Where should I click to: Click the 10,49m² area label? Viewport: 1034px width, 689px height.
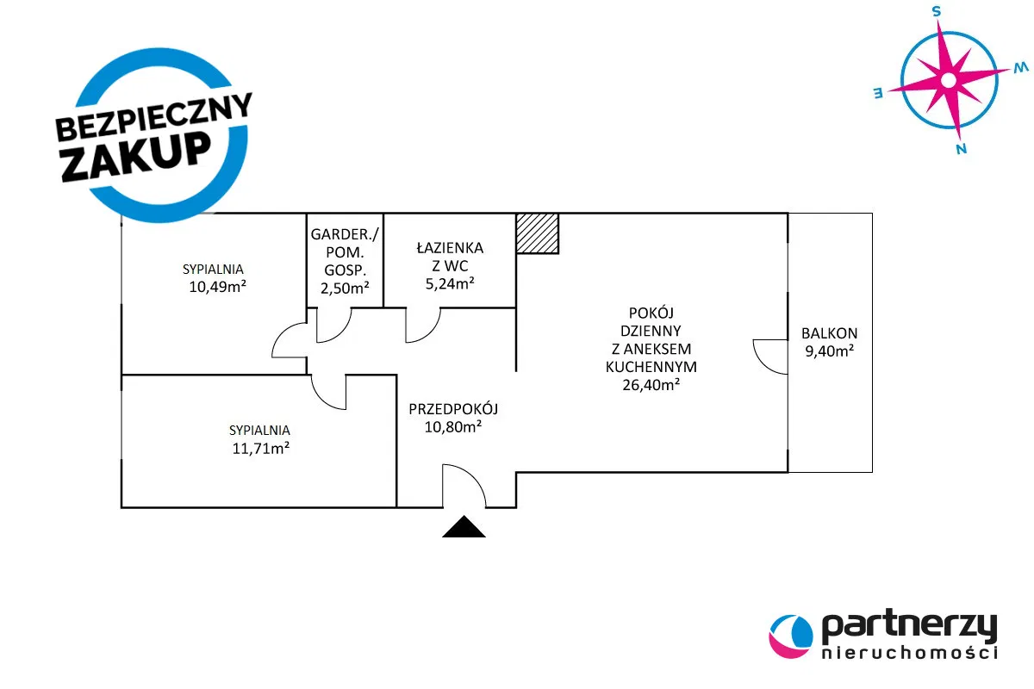[x=213, y=287]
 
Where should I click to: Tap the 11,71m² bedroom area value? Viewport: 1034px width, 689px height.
[x=259, y=448]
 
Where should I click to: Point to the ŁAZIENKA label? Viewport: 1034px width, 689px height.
[x=450, y=247]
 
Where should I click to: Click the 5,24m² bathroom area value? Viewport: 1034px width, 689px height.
[x=449, y=282]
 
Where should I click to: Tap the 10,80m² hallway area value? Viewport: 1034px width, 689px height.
[x=453, y=426]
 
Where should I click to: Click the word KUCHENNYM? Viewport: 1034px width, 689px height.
[x=651, y=367]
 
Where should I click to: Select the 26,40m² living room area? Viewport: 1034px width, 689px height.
[x=651, y=385]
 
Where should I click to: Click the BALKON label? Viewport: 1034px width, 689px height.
[x=829, y=333]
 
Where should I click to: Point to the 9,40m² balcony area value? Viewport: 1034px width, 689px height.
[x=828, y=351]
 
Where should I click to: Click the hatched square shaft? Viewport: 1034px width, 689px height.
[x=537, y=233]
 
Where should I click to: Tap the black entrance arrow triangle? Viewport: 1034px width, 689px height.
[x=464, y=528]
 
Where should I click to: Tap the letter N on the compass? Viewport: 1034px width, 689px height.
[x=961, y=148]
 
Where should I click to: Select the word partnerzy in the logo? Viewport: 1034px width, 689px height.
[x=909, y=626]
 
